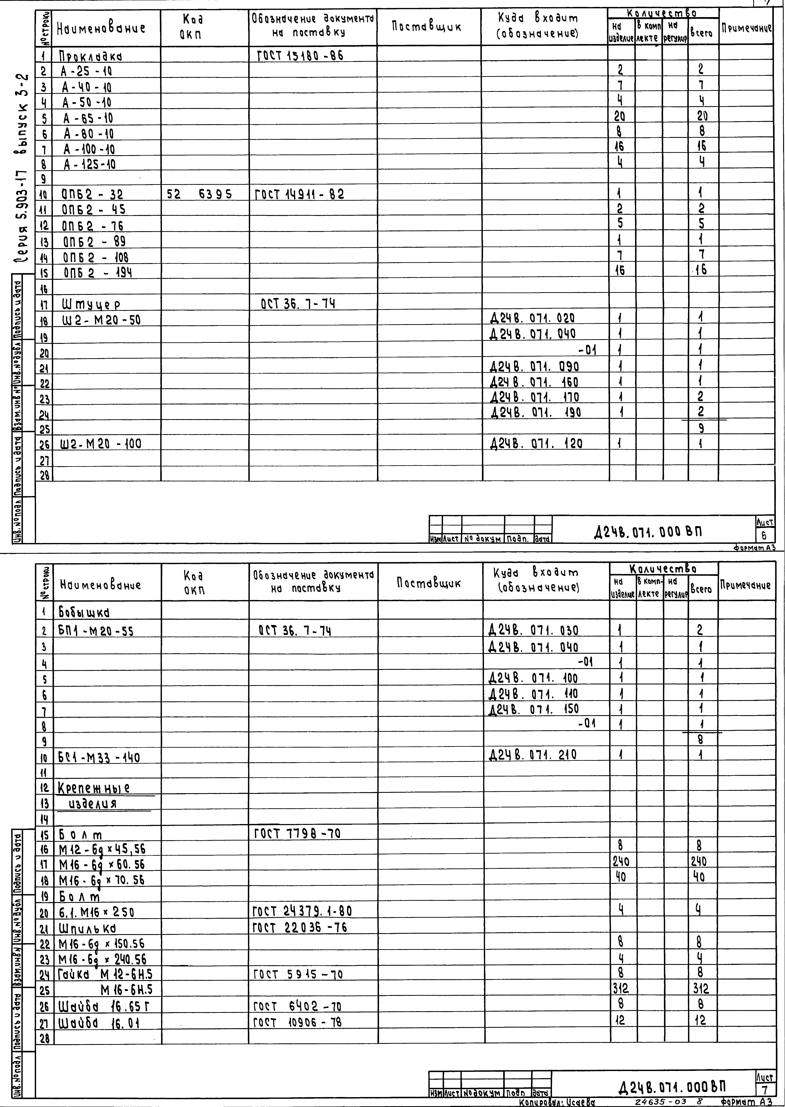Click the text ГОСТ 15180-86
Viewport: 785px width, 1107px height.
point(298,56)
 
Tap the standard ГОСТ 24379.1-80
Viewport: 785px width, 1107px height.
point(303,911)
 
